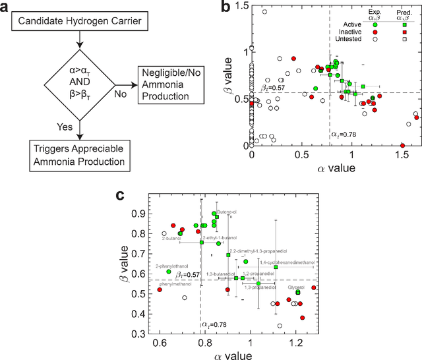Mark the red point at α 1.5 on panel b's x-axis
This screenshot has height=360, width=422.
(x=402, y=145)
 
